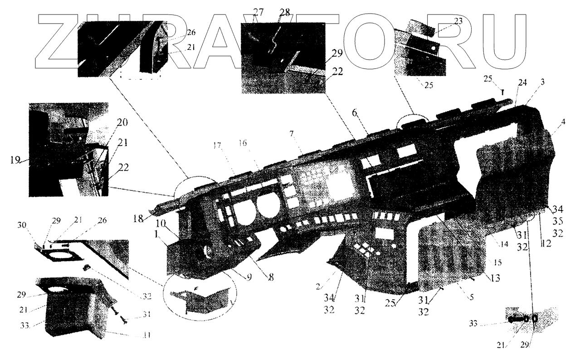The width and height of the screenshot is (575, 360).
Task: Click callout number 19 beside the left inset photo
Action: click(x=16, y=159)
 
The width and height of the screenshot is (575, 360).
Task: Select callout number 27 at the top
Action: click(x=258, y=12)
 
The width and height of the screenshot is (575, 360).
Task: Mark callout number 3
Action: click(x=542, y=82)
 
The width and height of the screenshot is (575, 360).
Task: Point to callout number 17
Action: click(x=217, y=146)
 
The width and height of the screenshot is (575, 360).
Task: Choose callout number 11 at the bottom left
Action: click(x=146, y=336)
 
